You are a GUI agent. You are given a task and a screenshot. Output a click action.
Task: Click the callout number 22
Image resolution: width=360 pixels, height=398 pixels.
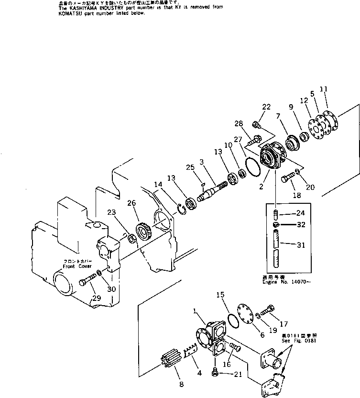pos(266,107)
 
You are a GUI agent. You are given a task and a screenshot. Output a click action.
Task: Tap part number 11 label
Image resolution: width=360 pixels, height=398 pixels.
pos(324,89)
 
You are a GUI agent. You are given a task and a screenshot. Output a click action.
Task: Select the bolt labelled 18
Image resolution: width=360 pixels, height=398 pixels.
pos(288,181)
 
